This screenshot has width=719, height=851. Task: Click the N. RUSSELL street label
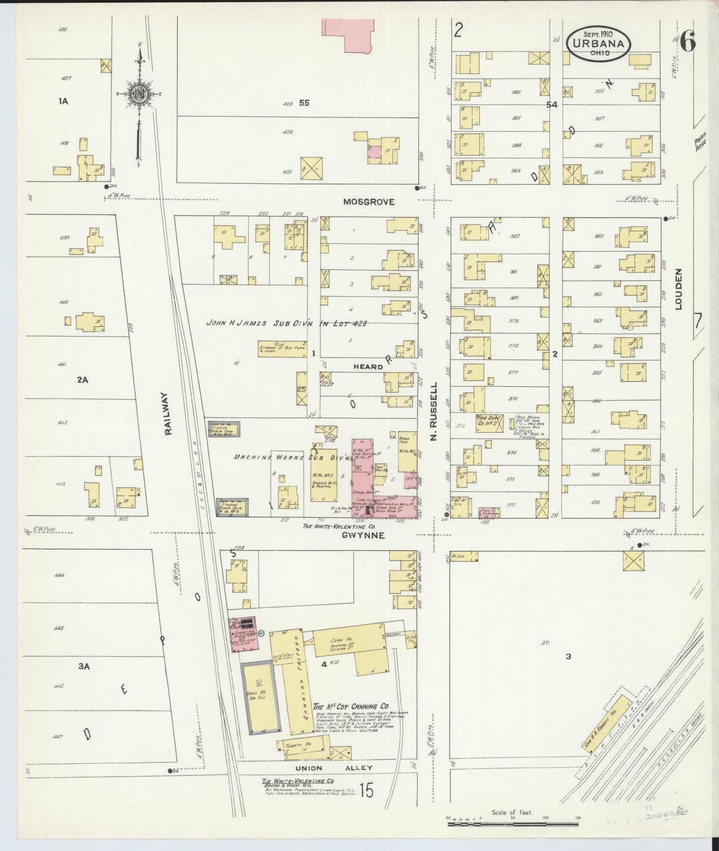click(433, 411)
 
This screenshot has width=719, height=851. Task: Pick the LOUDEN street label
click(678, 289)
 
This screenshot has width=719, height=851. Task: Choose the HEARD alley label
click(368, 366)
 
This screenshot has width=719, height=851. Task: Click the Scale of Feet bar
click(513, 824)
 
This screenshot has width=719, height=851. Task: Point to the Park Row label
click(701, 145)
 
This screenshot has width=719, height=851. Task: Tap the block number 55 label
click(304, 103)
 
